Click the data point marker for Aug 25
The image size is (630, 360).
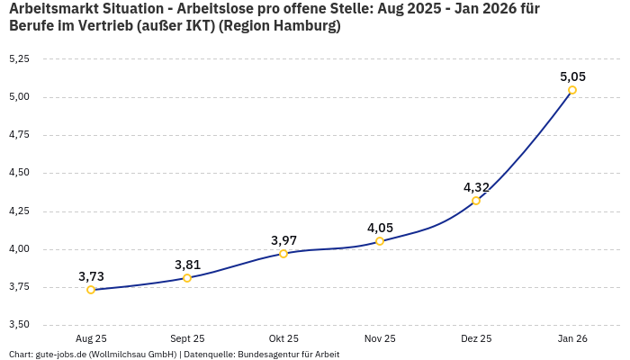click(x=91, y=290)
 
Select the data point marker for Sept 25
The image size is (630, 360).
click(x=187, y=278)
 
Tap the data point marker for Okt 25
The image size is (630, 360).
click(x=283, y=254)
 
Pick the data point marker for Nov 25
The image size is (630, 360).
click(x=380, y=241)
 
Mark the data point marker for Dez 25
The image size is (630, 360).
click(x=476, y=201)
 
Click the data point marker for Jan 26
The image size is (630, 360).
click(x=572, y=90)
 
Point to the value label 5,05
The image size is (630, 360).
click(x=572, y=76)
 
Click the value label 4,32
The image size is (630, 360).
click(x=476, y=187)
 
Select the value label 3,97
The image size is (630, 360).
click(x=283, y=240)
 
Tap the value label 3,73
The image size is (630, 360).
click(x=91, y=276)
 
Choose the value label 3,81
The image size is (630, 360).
click(x=187, y=265)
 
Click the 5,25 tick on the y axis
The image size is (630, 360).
click(x=19, y=58)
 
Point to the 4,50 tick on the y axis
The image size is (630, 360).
click(x=19, y=173)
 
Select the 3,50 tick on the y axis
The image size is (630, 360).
click(x=19, y=325)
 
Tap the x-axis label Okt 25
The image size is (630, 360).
click(x=283, y=338)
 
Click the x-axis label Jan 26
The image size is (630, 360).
click(x=572, y=338)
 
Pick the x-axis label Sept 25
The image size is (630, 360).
click(x=187, y=338)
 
